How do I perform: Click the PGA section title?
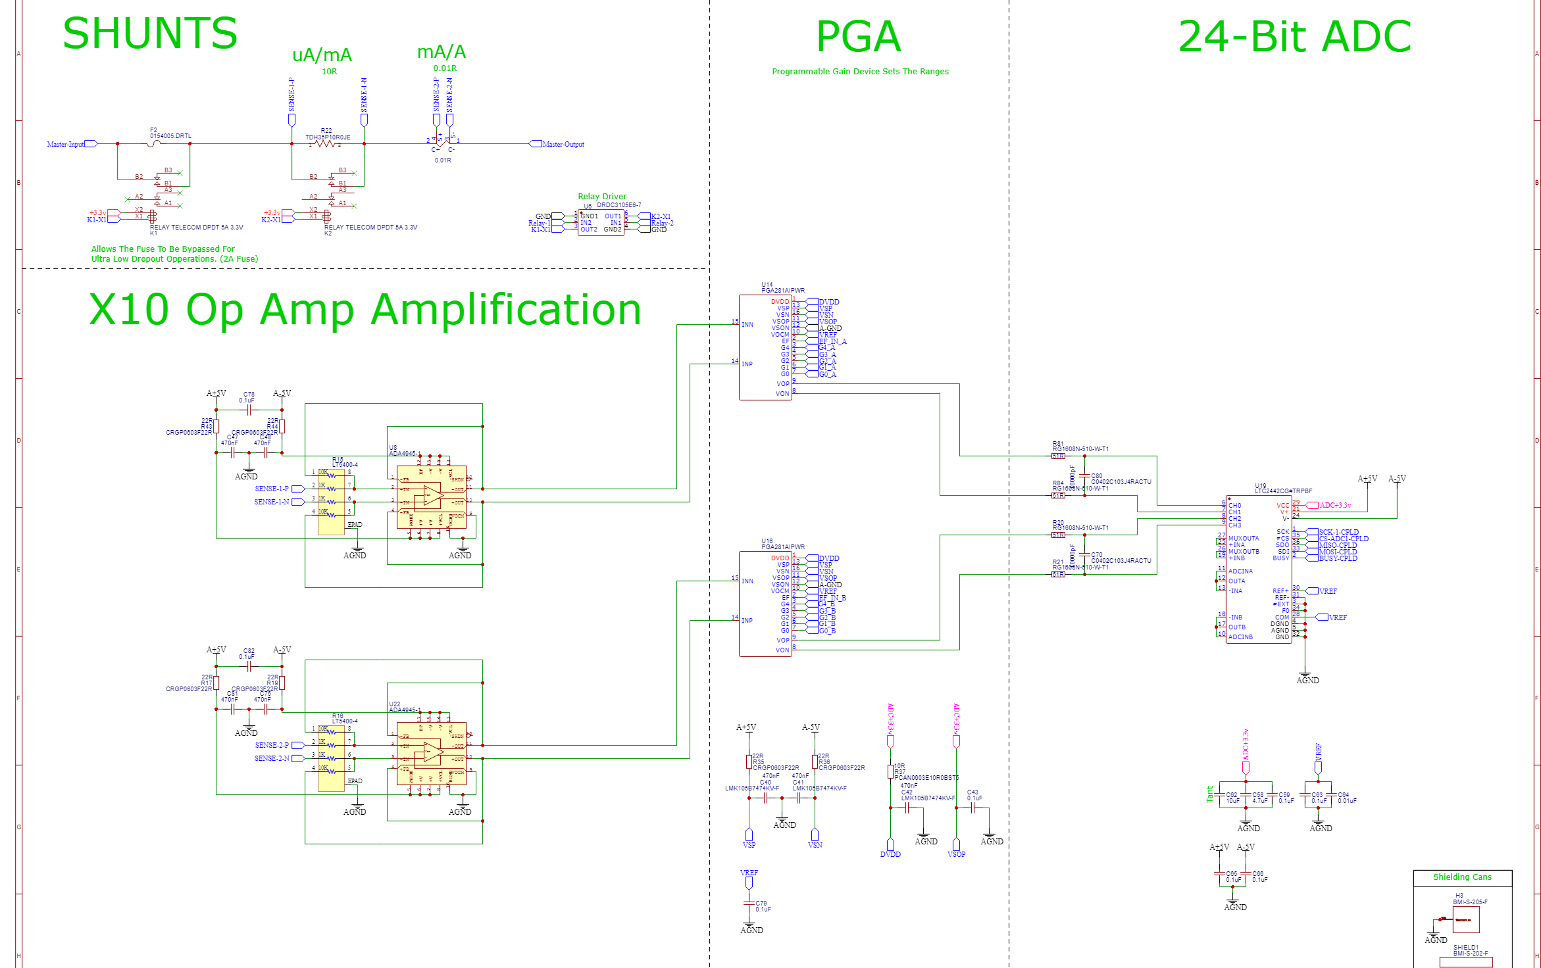pyautogui.click(x=858, y=37)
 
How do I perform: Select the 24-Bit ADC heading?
pyautogui.click(x=1294, y=37)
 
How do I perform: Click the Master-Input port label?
pyautogui.click(x=66, y=144)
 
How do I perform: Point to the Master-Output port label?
pyautogui.click(x=563, y=144)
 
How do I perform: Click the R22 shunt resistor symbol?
pyautogui.click(x=326, y=143)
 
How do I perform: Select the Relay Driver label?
pyautogui.click(x=602, y=196)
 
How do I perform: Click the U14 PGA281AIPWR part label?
pyautogui.click(x=783, y=290)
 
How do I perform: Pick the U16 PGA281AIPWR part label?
pyautogui.click(x=783, y=546)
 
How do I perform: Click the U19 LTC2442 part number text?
pyautogui.click(x=1283, y=491)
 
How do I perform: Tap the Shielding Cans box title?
pyautogui.click(x=1462, y=877)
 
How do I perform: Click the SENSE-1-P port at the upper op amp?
pyautogui.click(x=272, y=489)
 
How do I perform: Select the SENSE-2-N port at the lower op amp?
pyautogui.click(x=272, y=758)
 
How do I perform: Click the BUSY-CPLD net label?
pyautogui.click(x=1338, y=558)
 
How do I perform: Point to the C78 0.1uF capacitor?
pyautogui.click(x=249, y=409)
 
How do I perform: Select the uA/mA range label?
pyautogui.click(x=322, y=55)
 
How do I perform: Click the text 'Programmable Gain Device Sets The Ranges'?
pyautogui.click(x=860, y=72)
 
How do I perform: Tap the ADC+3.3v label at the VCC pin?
pyautogui.click(x=1335, y=505)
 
